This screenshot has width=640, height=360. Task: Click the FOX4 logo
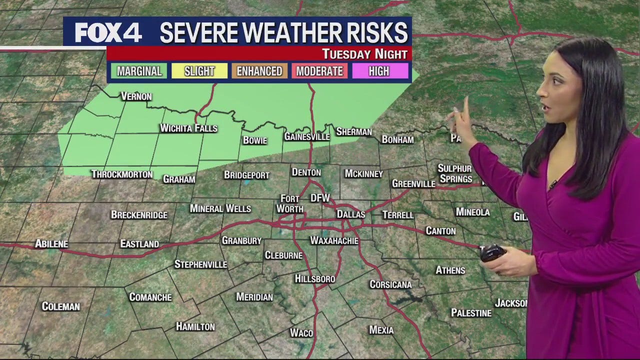coord(108,33)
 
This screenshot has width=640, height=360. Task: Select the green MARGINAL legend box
coord(139,71)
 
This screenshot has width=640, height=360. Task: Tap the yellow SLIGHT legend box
coord(199,71)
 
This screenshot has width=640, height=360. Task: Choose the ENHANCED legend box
coord(259,71)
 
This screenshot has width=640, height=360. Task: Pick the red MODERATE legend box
coord(319,71)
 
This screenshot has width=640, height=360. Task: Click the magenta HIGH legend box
coord(379,71)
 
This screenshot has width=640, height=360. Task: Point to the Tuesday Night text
coord(364,54)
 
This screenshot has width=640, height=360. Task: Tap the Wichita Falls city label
coord(188,128)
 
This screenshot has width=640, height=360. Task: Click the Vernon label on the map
coord(136,96)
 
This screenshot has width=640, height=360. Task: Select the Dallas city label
coord(350,214)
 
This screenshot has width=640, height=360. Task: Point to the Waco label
coord(301,332)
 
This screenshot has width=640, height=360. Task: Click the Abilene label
coord(51,244)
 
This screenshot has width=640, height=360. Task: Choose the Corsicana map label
coord(390,284)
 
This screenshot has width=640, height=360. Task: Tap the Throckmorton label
coord(122,174)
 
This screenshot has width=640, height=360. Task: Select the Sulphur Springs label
coord(455,173)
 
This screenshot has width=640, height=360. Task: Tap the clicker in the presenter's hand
coord(492,253)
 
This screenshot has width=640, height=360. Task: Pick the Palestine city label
coord(471,313)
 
